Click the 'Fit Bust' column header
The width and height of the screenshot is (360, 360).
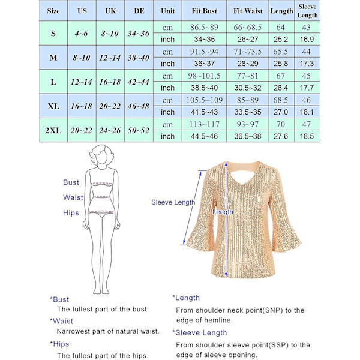click(x=205, y=11)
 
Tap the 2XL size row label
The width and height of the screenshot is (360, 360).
click(x=53, y=130)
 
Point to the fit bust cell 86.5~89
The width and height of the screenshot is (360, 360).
click(x=205, y=28)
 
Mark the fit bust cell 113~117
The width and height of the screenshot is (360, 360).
click(x=205, y=124)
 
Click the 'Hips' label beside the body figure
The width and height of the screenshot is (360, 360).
click(x=71, y=213)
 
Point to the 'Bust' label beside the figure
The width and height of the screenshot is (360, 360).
click(x=71, y=182)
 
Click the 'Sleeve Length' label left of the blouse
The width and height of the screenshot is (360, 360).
click(x=173, y=203)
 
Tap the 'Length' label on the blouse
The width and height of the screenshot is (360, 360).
click(x=223, y=212)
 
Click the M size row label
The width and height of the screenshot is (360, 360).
click(x=53, y=58)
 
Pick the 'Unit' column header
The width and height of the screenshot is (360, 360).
click(x=168, y=11)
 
